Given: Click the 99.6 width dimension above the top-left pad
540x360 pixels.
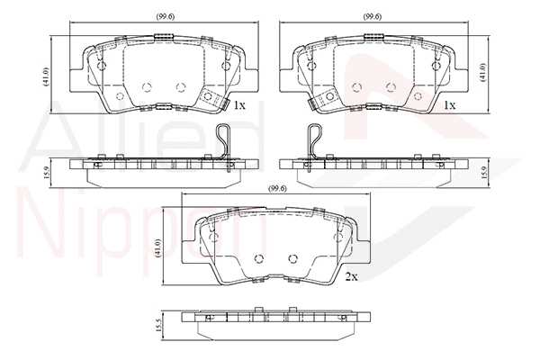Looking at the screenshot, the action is pyautogui.click(x=165, y=16).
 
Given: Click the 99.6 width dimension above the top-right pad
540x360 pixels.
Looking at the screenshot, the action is pyautogui.click(x=373, y=16).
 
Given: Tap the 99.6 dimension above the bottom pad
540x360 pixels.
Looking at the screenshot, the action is pyautogui.click(x=277, y=188).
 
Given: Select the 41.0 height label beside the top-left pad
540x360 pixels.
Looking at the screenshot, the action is pyautogui.click(x=46, y=76).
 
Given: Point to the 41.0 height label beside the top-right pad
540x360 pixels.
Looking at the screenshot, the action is pyautogui.click(x=482, y=72).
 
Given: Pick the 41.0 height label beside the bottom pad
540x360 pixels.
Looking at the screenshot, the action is pyautogui.click(x=158, y=247).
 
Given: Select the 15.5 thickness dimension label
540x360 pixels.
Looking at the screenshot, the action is pyautogui.click(x=158, y=325).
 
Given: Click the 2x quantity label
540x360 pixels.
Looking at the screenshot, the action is pyautogui.click(x=352, y=276).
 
